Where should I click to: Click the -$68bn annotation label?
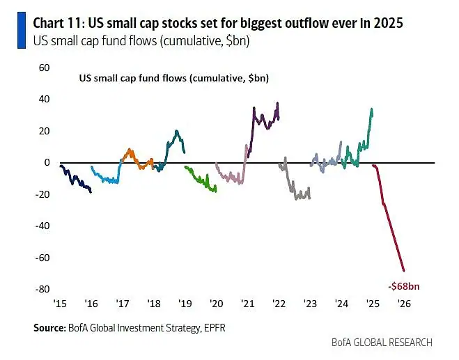click(404, 286)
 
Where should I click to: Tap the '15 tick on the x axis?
click(60, 304)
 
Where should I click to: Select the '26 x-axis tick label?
click(404, 304)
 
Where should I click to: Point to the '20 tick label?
click(217, 304)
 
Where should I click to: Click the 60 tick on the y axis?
click(44, 68)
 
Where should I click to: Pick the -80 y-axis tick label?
click(42, 289)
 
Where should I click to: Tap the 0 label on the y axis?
click(47, 162)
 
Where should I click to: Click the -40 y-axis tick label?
click(42, 226)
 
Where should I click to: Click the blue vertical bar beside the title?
click(22, 30)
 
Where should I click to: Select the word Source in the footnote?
click(49, 328)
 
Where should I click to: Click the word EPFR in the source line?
click(215, 328)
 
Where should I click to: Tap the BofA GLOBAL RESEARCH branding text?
click(382, 342)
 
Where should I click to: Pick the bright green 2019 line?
click(200, 179)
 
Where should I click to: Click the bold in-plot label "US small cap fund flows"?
click(133, 78)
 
